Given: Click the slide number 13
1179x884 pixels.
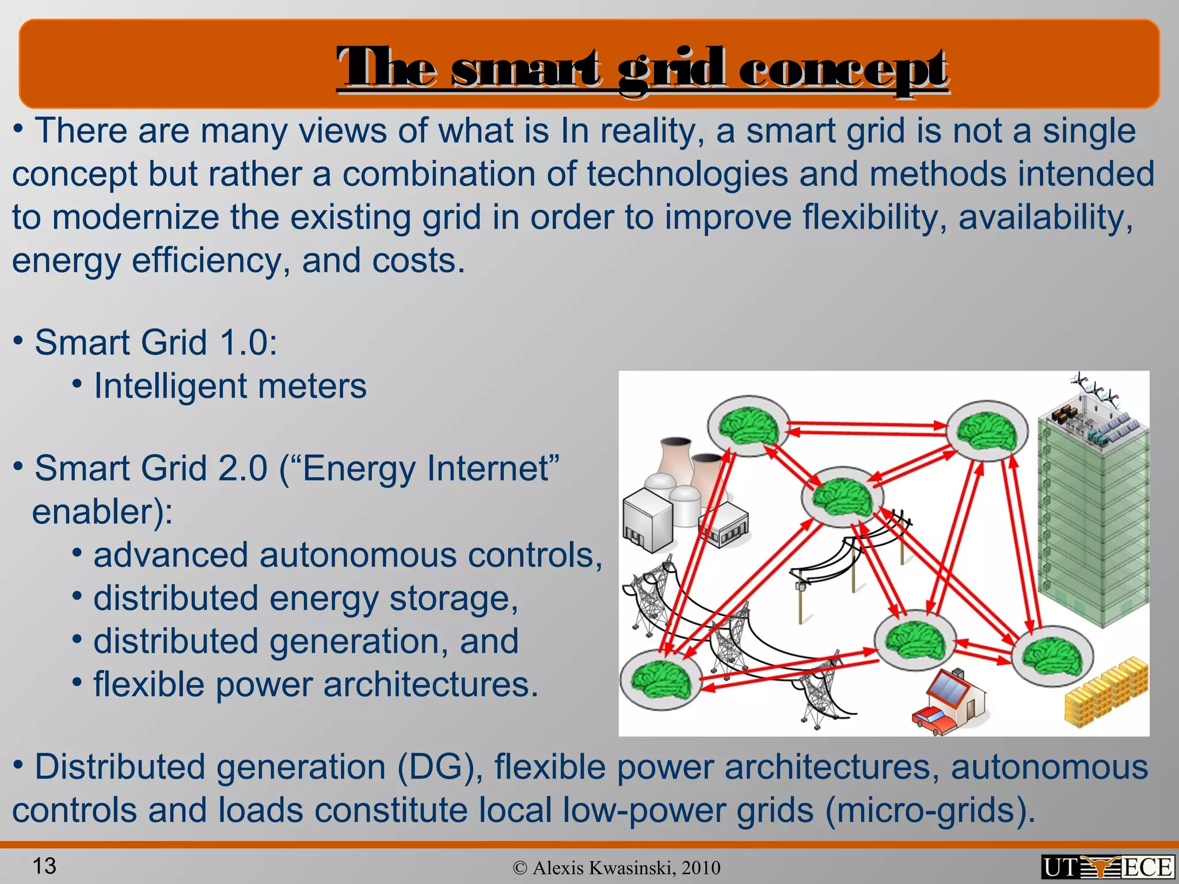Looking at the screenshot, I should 44,866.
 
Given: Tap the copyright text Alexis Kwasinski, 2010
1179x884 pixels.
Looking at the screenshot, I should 617,868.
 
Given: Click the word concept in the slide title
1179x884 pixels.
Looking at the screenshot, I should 843,69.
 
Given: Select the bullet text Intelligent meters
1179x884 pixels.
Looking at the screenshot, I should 230,386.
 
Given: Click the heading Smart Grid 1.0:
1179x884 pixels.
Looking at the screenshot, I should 156,342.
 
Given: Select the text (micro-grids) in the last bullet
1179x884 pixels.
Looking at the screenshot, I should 930,810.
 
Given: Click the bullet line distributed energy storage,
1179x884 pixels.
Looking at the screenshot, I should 306,599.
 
